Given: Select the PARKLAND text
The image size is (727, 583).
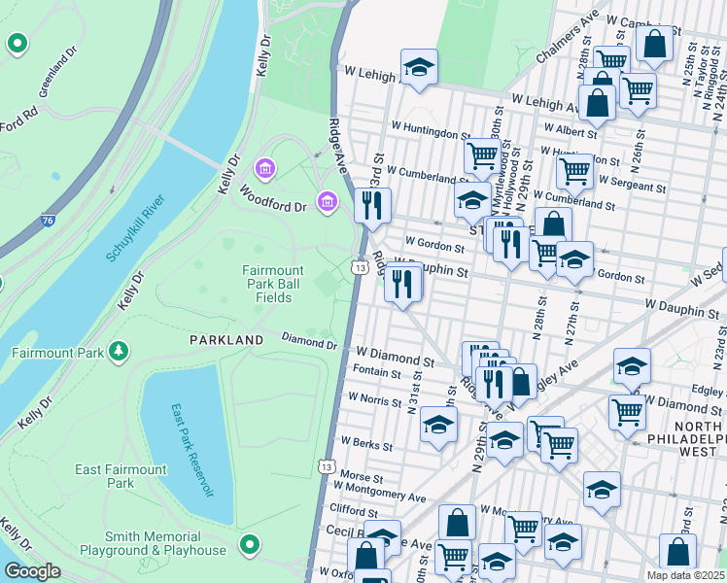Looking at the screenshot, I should pyautogui.click(x=226, y=340).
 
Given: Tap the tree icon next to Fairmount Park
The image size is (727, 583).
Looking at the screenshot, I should pyautogui.click(x=119, y=350).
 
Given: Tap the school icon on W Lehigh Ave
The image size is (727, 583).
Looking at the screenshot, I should pyautogui.click(x=419, y=67).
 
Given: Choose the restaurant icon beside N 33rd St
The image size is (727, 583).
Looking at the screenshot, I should pyautogui.click(x=373, y=205).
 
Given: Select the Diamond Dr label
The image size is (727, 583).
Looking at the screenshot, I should pyautogui.click(x=308, y=342).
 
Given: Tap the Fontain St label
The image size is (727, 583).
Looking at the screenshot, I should pyautogui.click(x=377, y=373).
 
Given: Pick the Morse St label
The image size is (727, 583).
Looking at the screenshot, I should pyautogui.click(x=362, y=477).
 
